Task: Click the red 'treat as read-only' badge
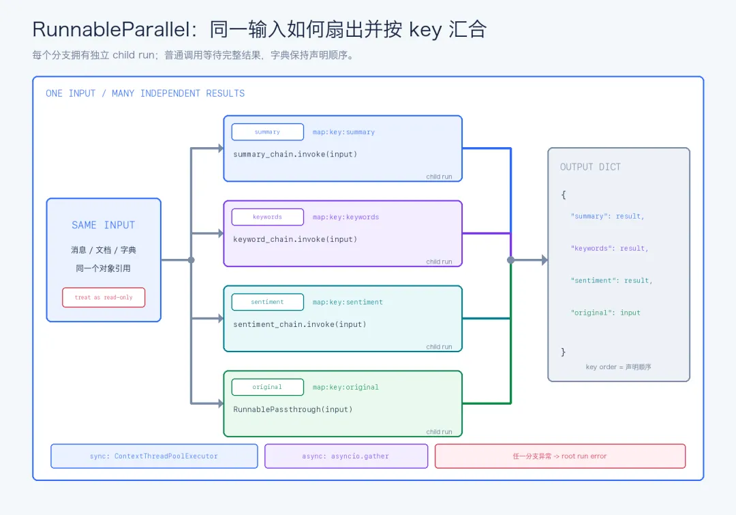point(104,298)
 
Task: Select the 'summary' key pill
point(268,131)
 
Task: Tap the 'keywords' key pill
point(268,217)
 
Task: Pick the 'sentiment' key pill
point(268,302)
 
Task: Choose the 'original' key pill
point(268,387)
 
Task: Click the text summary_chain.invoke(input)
point(295,155)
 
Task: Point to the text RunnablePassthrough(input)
point(293,409)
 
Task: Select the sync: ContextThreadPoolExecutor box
point(154,456)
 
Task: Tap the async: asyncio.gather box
point(346,456)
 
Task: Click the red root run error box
point(560,456)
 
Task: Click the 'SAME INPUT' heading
point(104,225)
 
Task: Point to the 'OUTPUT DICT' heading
point(590,167)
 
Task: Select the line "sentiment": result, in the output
point(611,281)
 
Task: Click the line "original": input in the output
point(606,313)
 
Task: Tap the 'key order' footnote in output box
point(618,366)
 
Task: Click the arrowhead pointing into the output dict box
point(545,260)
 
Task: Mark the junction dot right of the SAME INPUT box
point(191,260)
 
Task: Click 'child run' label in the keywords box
point(439,262)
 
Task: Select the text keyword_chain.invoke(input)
point(295,239)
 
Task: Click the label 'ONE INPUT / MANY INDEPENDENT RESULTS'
point(145,93)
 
